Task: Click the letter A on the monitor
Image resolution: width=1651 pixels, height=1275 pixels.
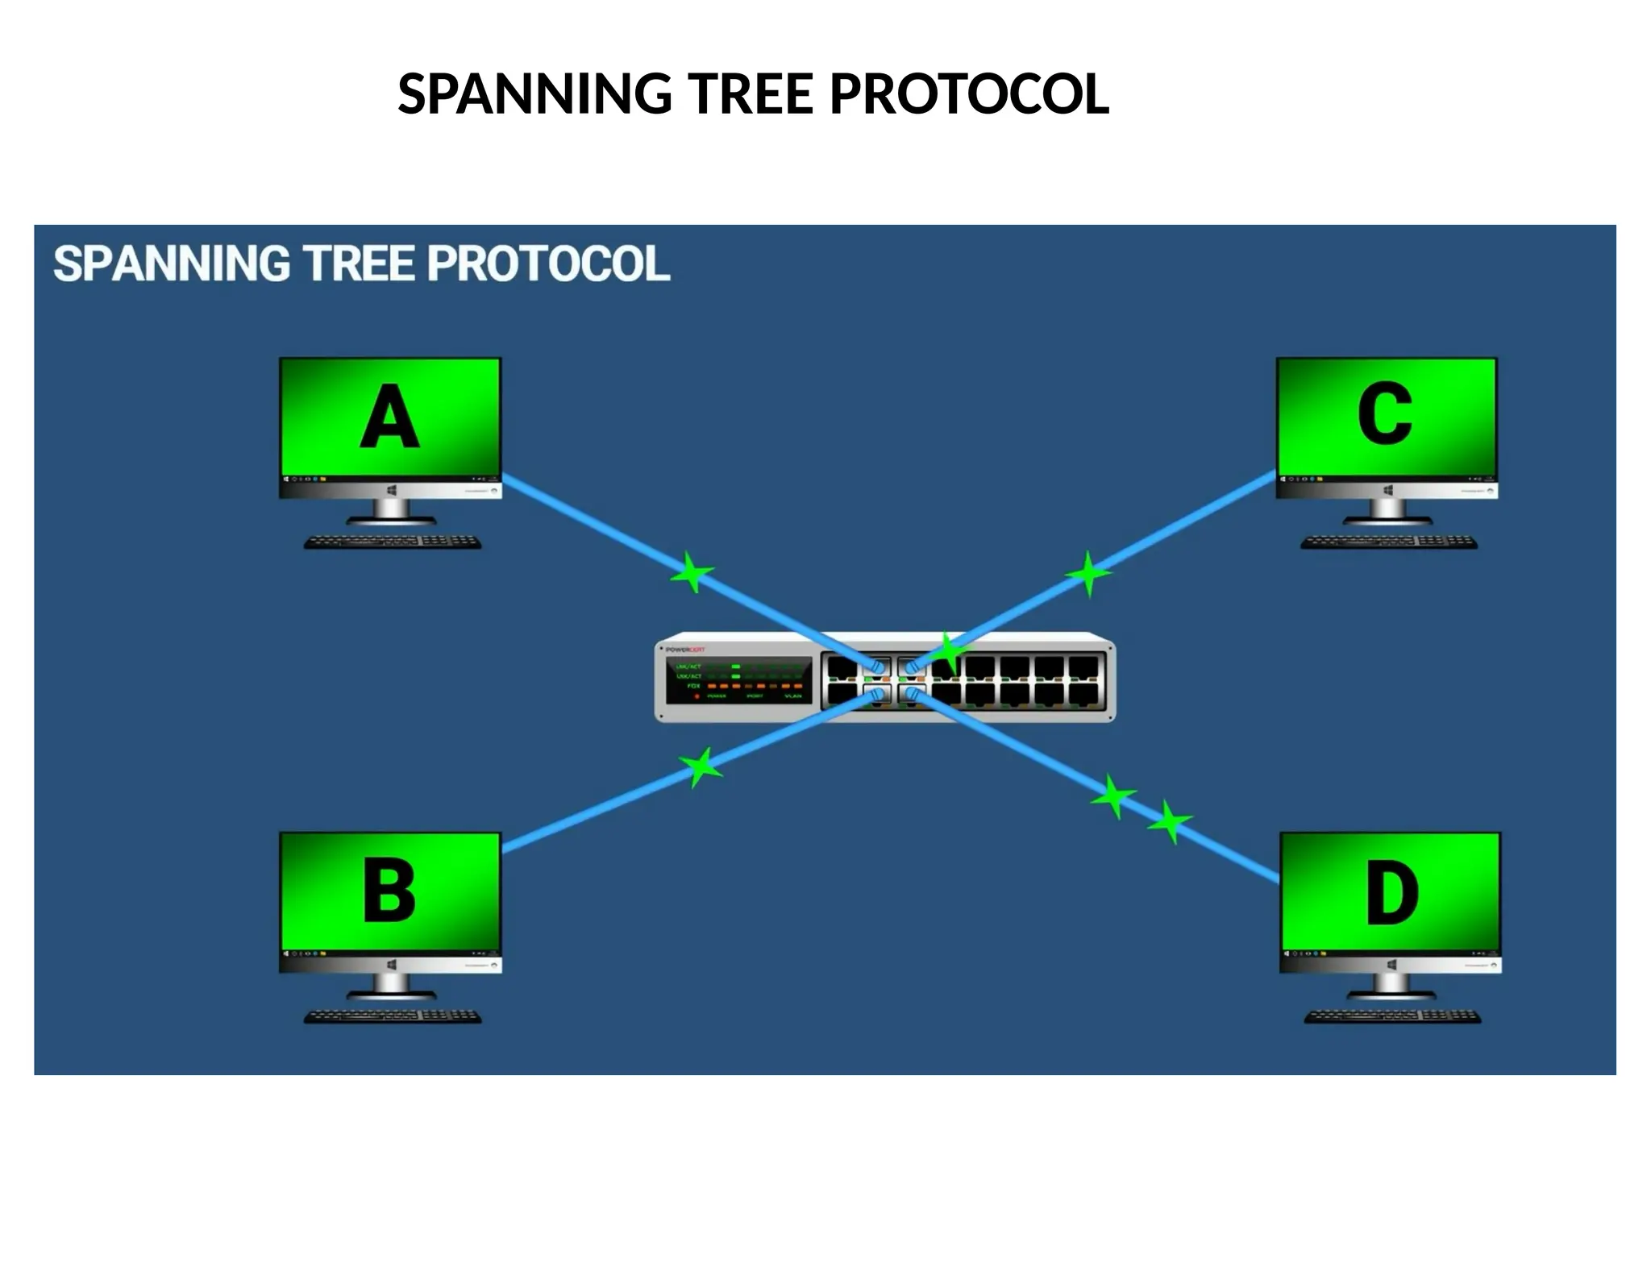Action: pyautogui.click(x=389, y=417)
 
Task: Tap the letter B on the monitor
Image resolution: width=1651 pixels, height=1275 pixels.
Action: pyautogui.click(x=389, y=891)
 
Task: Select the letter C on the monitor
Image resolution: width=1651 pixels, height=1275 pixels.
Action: pyautogui.click(x=1384, y=414)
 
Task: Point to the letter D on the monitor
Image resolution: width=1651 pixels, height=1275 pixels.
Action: pyautogui.click(x=1391, y=893)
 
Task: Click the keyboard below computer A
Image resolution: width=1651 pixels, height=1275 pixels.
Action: pyautogui.click(x=393, y=542)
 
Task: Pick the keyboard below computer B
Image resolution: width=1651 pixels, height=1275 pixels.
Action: pyautogui.click(x=393, y=1017)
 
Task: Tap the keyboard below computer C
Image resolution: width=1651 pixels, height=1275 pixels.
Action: pyautogui.click(x=1388, y=542)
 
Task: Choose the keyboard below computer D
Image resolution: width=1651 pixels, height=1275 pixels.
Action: pyautogui.click(x=1392, y=1017)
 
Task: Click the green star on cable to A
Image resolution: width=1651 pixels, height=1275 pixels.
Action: pyautogui.click(x=692, y=573)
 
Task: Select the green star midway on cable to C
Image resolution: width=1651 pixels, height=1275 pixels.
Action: pyautogui.click(x=1088, y=574)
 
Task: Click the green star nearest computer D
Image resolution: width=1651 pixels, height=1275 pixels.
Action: pyautogui.click(x=1170, y=822)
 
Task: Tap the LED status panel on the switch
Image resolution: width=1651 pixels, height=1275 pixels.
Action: pyautogui.click(x=738, y=679)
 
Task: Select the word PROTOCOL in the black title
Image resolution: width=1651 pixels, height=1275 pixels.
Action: pyautogui.click(x=969, y=93)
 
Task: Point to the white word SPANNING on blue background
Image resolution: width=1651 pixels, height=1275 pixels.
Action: pyautogui.click(x=171, y=264)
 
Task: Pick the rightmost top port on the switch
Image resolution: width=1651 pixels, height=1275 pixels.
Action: pyautogui.click(x=1083, y=668)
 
